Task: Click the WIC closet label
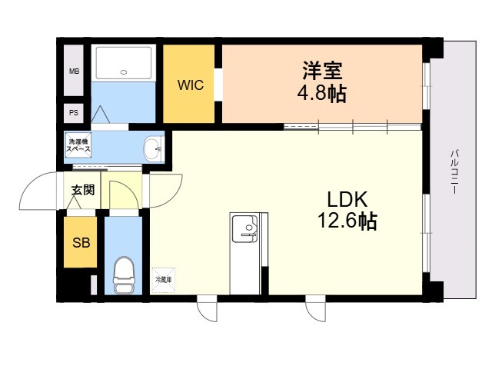(191, 85)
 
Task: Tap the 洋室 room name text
(322, 71)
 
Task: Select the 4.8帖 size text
(322, 93)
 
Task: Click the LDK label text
(347, 199)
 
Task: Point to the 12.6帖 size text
(347, 221)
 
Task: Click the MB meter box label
(74, 71)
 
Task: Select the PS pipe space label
(74, 113)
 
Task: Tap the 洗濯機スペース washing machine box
(78, 145)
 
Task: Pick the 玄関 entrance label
(83, 190)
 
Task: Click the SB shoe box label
(81, 243)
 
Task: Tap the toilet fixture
(124, 275)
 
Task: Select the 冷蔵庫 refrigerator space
(164, 280)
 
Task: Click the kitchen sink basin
(245, 229)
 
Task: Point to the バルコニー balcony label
(454, 172)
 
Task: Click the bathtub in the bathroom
(124, 63)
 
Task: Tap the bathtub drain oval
(124, 72)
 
